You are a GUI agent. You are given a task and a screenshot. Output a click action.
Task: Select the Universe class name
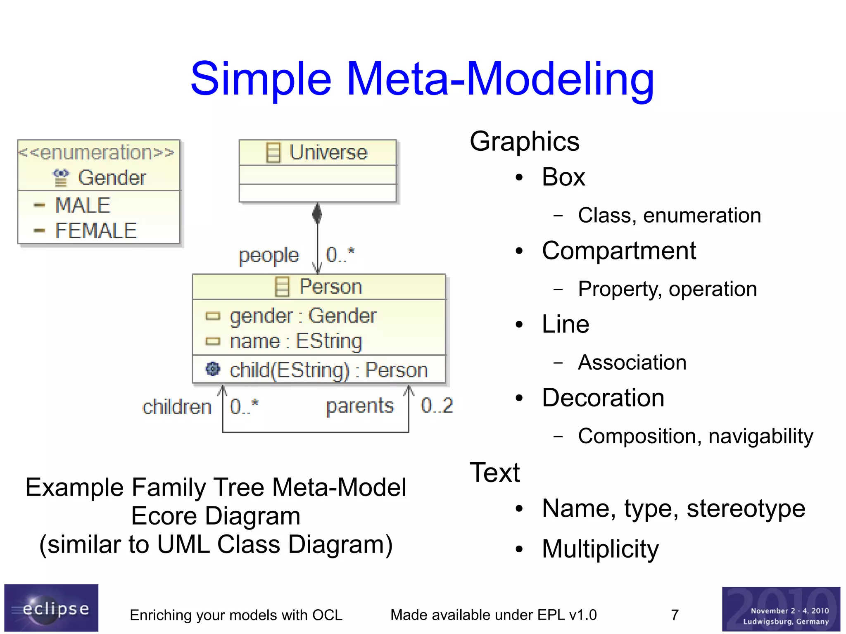tap(328, 152)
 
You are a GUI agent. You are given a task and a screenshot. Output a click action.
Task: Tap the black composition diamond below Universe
tap(317, 214)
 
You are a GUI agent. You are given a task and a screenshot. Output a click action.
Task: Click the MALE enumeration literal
tap(83, 205)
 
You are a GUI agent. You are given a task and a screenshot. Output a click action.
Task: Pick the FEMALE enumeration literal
tap(96, 230)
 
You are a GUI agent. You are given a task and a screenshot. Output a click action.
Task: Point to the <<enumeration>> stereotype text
tap(97, 152)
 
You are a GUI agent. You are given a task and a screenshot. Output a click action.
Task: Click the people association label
tap(269, 255)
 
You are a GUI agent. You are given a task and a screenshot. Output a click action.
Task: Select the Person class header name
tap(330, 287)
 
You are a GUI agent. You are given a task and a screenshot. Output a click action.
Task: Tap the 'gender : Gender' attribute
tap(303, 316)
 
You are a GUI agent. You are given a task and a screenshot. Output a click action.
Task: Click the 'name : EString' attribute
tap(296, 342)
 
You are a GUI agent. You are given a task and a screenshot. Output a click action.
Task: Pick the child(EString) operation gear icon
tap(213, 369)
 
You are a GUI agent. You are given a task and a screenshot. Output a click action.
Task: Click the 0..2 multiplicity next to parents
tap(437, 406)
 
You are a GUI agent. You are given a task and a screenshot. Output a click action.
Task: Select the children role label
tap(177, 407)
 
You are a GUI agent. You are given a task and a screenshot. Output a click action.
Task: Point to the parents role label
tap(360, 406)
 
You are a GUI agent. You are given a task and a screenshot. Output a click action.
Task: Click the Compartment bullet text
tap(618, 251)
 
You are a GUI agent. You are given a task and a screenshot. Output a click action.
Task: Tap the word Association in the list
tap(632, 363)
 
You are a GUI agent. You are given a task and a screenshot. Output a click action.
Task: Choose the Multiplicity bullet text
tap(600, 549)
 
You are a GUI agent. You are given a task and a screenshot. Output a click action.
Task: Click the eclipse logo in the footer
tap(51, 608)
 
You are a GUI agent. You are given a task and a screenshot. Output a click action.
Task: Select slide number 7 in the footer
tap(675, 615)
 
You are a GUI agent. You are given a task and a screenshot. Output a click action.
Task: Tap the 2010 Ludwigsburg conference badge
tap(781, 609)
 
